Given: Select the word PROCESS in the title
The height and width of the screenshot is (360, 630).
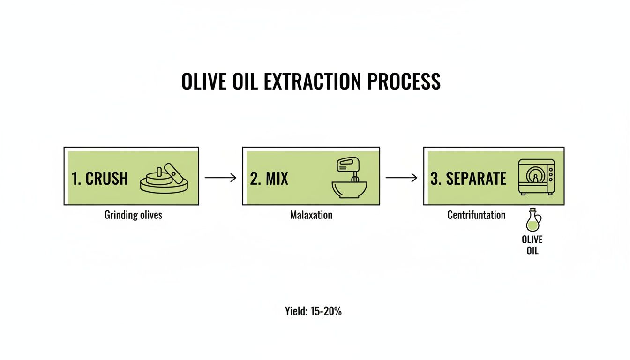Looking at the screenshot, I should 404,82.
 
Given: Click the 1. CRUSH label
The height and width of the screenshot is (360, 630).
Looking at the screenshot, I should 100,179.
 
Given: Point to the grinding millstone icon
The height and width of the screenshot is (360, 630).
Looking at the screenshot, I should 164,179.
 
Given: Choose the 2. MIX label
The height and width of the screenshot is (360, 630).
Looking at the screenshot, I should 269,179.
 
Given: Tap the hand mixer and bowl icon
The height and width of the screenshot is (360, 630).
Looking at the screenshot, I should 349,178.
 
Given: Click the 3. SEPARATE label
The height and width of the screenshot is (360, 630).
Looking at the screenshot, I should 468,179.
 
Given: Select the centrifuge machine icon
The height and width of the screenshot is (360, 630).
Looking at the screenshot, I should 536,176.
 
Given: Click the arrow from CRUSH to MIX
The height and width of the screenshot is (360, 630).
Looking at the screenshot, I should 220,178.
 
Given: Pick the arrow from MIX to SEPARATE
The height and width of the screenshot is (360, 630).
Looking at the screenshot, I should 401,178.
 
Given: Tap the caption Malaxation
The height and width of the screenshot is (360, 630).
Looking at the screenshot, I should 311,215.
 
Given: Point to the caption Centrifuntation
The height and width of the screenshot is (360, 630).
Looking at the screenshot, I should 476,215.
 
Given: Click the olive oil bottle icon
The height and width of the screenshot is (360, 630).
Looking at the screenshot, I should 533,221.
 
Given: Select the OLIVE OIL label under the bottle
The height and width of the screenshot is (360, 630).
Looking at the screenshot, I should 532,245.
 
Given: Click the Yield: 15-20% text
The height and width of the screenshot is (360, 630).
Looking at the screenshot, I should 313,311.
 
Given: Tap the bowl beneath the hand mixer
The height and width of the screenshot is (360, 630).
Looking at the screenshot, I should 349,190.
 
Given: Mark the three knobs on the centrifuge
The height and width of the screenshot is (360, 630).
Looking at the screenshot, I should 550,172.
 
